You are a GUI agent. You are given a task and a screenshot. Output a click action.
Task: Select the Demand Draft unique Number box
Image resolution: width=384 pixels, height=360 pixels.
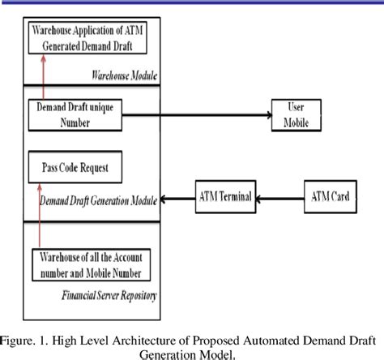coord(74,114)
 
